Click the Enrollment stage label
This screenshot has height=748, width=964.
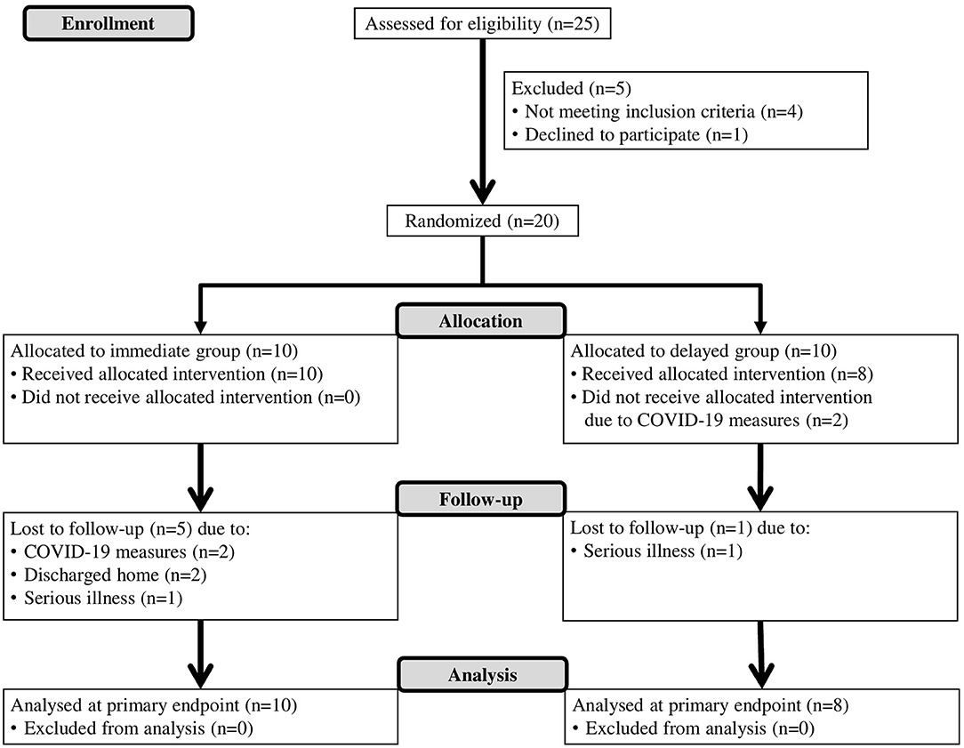(107, 23)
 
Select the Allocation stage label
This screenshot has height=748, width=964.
(480, 321)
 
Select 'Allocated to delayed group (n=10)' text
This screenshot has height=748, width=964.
(702, 350)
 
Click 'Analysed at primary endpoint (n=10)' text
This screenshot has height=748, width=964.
(153, 707)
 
